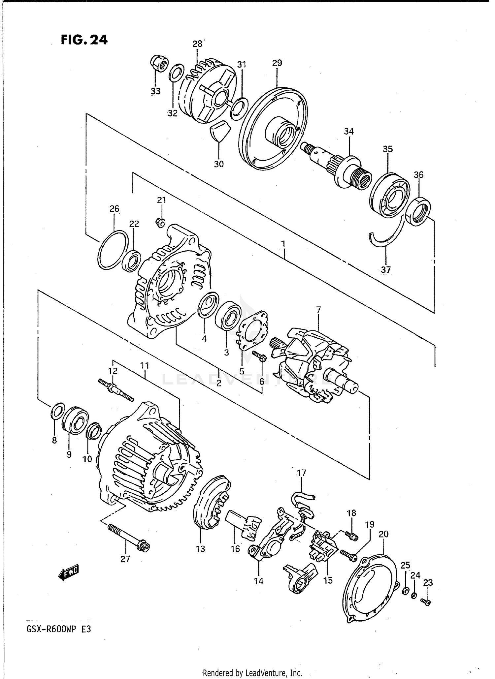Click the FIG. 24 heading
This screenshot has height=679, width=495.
click(84, 40)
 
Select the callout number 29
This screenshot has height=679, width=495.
click(277, 63)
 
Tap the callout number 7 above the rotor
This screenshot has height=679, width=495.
click(318, 310)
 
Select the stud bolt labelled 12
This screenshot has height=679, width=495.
click(116, 389)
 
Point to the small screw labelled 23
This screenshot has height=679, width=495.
click(426, 602)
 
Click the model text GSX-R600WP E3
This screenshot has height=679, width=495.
click(58, 638)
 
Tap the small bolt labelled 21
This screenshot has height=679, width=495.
click(161, 223)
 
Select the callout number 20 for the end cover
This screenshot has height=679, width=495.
click(383, 534)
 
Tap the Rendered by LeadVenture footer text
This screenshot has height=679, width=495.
click(252, 673)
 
